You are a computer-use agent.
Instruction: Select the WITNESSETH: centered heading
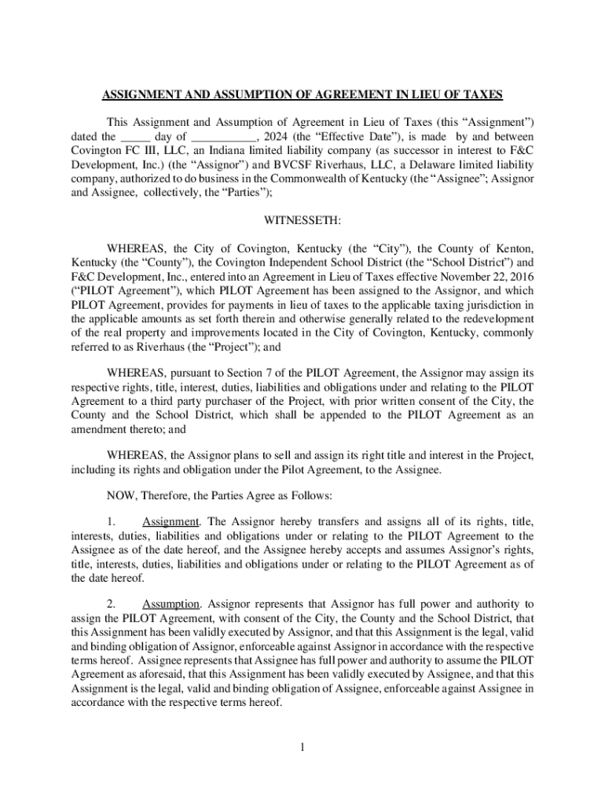pos(302,219)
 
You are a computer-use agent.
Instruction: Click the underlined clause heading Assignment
pos(170,521)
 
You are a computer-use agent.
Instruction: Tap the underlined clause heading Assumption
pos(171,604)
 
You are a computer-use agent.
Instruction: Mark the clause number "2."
pos(112,604)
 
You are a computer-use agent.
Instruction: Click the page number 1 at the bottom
pos(302,746)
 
